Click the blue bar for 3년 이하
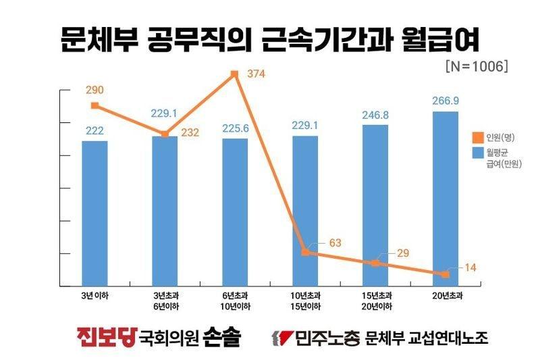(94, 213)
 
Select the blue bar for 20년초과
(445, 199)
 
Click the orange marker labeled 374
(235, 74)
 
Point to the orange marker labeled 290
(94, 105)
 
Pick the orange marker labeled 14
(445, 274)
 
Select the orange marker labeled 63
(305, 252)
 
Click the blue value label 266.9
(445, 100)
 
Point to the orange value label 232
(190, 132)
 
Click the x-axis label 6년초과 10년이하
(235, 301)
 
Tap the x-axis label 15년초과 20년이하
(375, 301)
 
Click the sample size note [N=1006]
(477, 68)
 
